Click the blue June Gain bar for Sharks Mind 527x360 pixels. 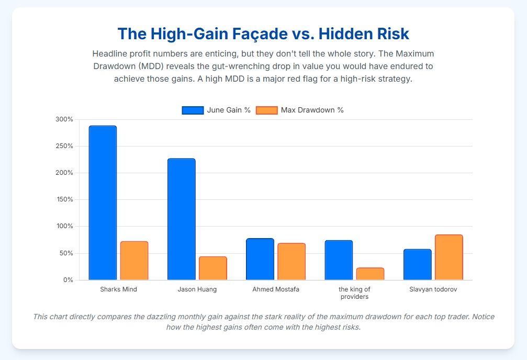click(x=103, y=203)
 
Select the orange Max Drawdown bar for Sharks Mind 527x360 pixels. click(x=134, y=261)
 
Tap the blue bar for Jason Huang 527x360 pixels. click(x=181, y=219)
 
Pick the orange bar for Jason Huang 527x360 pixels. click(x=212, y=268)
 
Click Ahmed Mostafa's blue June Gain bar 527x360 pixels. click(x=260, y=259)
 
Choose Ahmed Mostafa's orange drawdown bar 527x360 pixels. click(x=291, y=262)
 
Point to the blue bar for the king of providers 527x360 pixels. click(x=339, y=260)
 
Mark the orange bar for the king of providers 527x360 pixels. click(x=370, y=274)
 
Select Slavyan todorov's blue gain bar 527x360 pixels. click(x=417, y=264)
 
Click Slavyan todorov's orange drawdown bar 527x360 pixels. click(x=448, y=257)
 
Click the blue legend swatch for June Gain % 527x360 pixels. click(x=192, y=110)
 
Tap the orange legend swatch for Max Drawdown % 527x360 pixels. click(x=266, y=110)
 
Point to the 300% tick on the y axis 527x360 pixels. click(x=64, y=119)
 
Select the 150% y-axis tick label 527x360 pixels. click(x=64, y=199)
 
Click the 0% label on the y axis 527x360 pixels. click(x=68, y=280)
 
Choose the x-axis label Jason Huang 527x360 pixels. click(x=197, y=289)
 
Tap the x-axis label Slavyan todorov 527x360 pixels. click(x=433, y=289)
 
